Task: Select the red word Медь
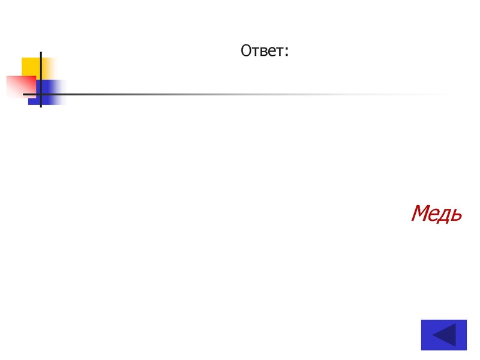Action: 436,213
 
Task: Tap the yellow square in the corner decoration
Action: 31,66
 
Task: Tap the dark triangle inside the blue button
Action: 445,335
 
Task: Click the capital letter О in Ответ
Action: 246,51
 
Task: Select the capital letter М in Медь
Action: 421,213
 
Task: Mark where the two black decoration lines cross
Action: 41,94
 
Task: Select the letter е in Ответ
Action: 271,52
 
